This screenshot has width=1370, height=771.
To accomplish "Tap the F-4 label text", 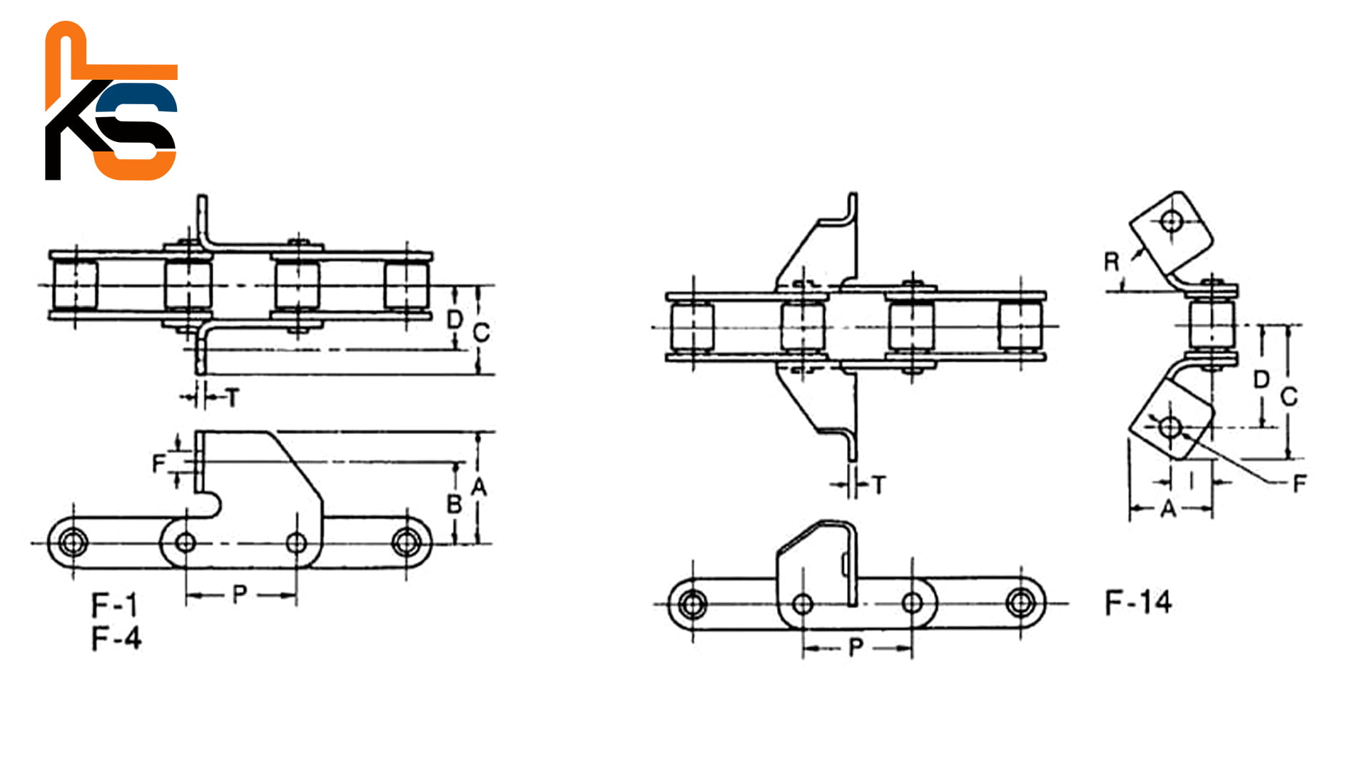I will click(116, 638).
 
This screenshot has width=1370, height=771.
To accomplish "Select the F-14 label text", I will click(1138, 603).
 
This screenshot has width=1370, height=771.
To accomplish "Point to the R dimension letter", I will click(1112, 262).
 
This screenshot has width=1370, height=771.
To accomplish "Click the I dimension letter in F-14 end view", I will click(1192, 482).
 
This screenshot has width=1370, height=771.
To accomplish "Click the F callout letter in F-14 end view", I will click(1299, 483).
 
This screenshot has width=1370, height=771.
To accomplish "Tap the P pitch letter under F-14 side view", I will click(856, 648).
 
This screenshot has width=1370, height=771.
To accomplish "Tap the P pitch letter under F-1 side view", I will click(240, 593).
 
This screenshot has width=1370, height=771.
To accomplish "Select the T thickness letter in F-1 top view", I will click(233, 398).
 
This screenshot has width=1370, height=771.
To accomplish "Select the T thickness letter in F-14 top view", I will click(879, 485).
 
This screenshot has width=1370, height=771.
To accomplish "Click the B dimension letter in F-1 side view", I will click(454, 505).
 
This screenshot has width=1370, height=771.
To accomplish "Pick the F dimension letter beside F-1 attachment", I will click(159, 464).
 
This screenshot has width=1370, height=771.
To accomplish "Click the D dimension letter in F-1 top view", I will click(455, 319).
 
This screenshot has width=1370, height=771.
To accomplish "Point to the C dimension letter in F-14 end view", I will click(1289, 396).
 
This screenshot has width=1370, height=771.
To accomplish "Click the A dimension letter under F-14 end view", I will click(1168, 509).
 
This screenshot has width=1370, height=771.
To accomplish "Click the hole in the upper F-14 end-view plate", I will click(1169, 221).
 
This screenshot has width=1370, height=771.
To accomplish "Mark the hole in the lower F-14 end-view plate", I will click(1169, 428).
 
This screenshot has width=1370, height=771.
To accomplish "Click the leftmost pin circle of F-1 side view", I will click(71, 543).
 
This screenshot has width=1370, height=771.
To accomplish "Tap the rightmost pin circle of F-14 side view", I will click(1021, 603).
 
